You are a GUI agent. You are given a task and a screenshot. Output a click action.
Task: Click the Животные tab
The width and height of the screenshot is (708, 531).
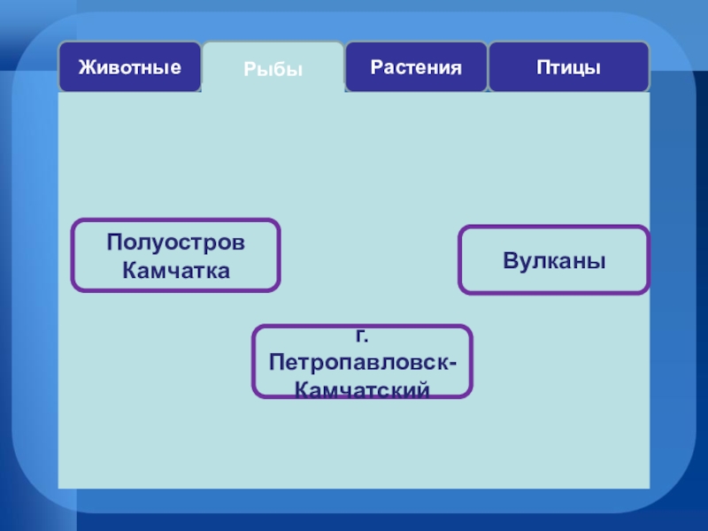point(129,67)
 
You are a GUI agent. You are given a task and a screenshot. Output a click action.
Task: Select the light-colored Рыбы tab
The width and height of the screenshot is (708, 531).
point(273,69)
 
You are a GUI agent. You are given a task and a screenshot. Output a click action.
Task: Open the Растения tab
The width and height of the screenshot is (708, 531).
point(416,67)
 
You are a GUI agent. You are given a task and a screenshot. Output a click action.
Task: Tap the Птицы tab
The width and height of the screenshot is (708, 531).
point(568,67)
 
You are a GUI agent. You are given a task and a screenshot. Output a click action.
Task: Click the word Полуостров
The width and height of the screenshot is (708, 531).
point(176,242)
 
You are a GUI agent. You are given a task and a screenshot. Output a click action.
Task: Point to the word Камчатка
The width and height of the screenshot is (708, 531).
point(176,270)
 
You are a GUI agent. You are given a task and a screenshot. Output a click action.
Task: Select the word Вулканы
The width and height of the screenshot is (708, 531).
point(554,261)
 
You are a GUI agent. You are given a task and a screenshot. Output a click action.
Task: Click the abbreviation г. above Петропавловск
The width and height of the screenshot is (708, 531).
point(362,337)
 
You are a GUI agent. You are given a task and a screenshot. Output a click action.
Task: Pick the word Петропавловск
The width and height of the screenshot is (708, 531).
point(358,364)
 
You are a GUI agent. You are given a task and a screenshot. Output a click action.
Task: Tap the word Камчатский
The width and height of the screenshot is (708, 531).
point(363,389)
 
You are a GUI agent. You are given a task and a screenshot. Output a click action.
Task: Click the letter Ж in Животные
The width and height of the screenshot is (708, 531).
point(86,67)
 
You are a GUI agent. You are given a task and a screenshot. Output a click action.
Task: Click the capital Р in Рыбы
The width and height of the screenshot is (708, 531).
point(250,69)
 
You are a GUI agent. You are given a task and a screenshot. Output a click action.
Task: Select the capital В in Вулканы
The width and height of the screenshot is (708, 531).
point(510,261)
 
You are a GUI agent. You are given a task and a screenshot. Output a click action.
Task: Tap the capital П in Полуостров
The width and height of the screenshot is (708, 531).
point(114,242)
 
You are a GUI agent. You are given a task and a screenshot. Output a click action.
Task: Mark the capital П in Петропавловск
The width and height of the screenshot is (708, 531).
point(278,364)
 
